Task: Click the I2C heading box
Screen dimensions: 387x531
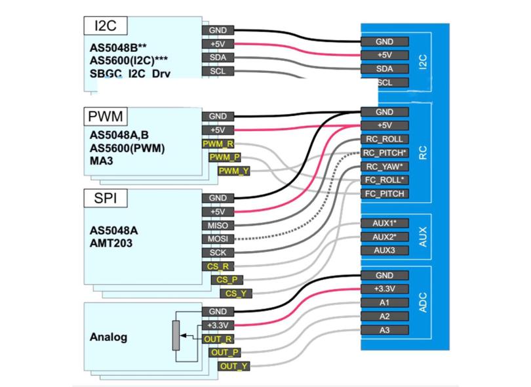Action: pos(106,26)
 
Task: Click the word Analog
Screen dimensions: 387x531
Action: pos(108,337)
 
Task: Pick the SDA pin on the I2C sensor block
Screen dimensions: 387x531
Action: pos(218,58)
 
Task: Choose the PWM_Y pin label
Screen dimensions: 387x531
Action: pos(233,171)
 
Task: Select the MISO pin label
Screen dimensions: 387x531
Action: pos(218,226)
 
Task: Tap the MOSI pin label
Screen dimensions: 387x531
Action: pos(218,239)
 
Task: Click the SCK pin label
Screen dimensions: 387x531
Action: pos(218,253)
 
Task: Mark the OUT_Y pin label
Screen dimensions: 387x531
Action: pos(233,366)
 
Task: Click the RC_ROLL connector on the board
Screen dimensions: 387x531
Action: pos(385,139)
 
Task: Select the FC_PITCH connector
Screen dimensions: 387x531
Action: pos(385,193)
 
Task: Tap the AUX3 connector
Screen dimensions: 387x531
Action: pos(385,250)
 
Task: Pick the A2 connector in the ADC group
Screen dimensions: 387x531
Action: pos(385,316)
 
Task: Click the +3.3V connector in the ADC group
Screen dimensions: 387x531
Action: pos(385,289)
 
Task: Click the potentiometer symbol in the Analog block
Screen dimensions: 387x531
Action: pos(176,335)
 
